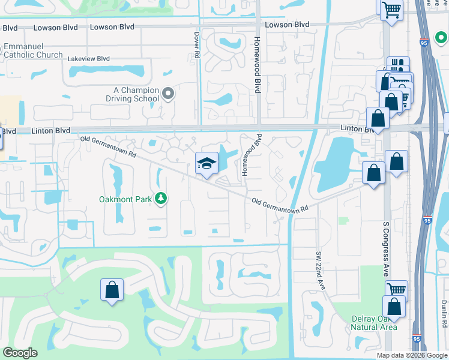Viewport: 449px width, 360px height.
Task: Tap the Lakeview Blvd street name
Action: pos(89,59)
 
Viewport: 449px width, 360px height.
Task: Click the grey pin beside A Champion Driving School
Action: pos(168,93)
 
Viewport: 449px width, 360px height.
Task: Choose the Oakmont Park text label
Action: pos(125,199)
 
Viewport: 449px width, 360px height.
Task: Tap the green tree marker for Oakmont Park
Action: pos(161,198)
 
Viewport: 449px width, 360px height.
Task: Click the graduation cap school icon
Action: pos(206,164)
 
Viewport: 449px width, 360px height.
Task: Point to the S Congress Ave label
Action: pos(386,249)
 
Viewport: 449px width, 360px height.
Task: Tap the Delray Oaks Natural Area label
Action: pos(373,322)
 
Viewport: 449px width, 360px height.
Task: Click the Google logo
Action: pos(20,353)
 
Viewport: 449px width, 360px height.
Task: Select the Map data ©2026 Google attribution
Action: pos(412,355)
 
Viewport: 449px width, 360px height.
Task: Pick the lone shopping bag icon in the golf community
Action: pos(112,290)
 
